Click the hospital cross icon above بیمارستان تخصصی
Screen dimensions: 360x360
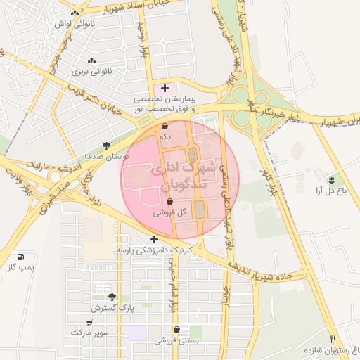pyautogui.click(x=165, y=89)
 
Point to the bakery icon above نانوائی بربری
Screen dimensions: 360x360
pyautogui.click(x=92, y=61)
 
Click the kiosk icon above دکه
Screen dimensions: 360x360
pyautogui.click(x=165, y=127)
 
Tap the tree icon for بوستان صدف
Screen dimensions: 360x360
pyautogui.click(x=106, y=146)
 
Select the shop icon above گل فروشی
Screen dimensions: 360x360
pyautogui.click(x=170, y=201)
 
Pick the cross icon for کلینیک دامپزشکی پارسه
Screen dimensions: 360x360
pyautogui.click(x=154, y=239)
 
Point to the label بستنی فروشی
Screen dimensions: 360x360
pyautogui.click(x=177, y=340)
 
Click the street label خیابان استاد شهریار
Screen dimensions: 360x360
pyautogui.click(x=141, y=9)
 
